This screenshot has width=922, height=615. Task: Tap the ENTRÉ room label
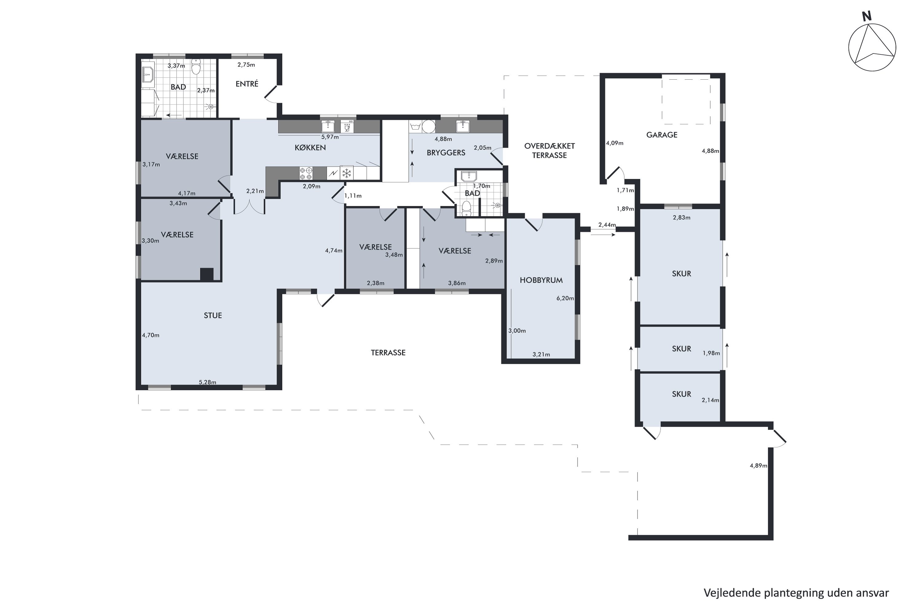click(247, 84)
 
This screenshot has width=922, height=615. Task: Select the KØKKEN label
click(310, 148)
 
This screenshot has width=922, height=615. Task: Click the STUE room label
click(213, 315)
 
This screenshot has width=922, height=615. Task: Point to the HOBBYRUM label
click(541, 280)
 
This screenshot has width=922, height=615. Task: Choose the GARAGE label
click(662, 135)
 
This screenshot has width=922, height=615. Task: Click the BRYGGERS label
click(446, 153)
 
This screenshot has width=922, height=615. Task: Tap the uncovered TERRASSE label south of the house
click(388, 353)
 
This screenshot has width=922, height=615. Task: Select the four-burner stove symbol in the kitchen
click(306, 173)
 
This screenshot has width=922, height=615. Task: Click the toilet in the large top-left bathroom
click(196, 67)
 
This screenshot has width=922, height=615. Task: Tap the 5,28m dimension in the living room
click(207, 382)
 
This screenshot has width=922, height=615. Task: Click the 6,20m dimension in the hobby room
click(565, 298)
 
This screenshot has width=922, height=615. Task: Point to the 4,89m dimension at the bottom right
click(758, 466)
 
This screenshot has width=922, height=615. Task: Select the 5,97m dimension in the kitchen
click(330, 137)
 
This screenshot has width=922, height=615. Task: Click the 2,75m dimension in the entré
click(246, 65)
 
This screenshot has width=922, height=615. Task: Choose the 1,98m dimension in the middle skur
click(711, 353)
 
